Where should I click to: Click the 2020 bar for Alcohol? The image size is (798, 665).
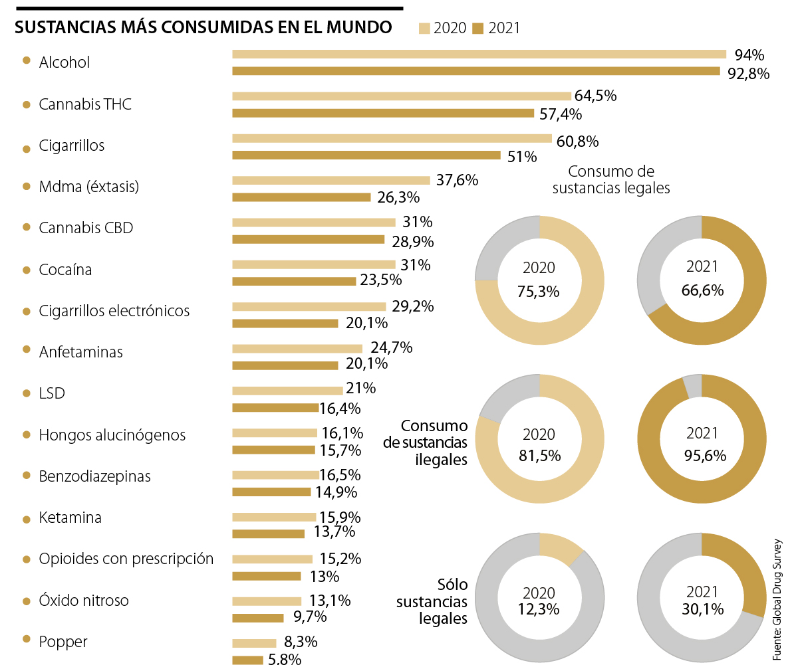click(x=479, y=54)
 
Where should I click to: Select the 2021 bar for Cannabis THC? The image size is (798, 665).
click(x=383, y=113)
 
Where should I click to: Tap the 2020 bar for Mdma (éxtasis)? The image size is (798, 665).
click(x=331, y=180)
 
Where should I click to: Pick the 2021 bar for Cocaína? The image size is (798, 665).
click(x=294, y=281)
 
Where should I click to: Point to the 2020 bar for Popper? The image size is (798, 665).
click(x=254, y=643)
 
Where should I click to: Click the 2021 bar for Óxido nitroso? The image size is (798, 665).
click(x=258, y=618)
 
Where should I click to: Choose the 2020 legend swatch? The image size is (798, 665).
click(x=424, y=28)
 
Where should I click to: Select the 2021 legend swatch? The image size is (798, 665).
click(x=478, y=28)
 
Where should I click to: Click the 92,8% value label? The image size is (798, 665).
click(x=749, y=73)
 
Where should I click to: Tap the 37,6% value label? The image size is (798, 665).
click(x=457, y=180)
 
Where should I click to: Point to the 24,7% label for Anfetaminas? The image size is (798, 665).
click(x=392, y=347)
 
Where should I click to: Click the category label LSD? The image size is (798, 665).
click(x=52, y=393)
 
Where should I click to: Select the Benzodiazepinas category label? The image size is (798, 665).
click(x=95, y=476)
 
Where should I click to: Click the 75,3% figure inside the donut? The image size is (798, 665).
click(x=539, y=291)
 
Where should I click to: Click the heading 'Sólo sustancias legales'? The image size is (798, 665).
click(x=433, y=601)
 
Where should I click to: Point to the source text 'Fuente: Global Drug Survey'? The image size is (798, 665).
click(x=777, y=599)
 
